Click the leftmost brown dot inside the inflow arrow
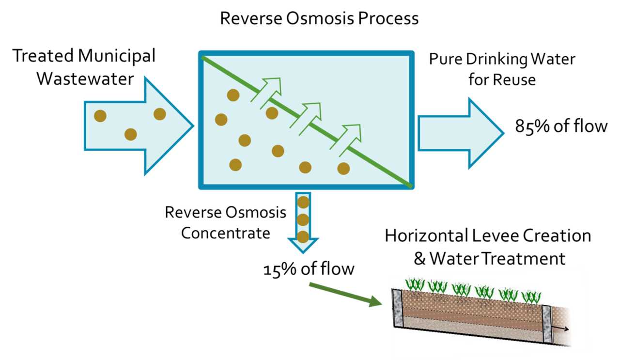[100, 116]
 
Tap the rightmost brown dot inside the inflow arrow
[160, 114]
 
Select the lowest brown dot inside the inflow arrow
[130, 134]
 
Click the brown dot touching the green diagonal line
[272, 113]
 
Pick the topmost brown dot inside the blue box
[233, 95]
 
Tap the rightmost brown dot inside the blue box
[343, 169]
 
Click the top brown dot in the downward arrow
[303, 203]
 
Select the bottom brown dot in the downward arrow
[303, 237]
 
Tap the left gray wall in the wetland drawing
[398, 308]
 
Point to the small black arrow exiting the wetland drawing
[562, 328]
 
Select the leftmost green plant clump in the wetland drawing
[415, 285]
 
